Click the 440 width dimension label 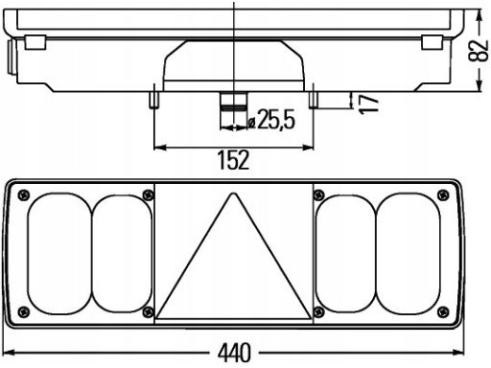click(234, 353)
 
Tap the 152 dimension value click(233, 160)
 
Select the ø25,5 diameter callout click(271, 120)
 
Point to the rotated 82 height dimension click(479, 51)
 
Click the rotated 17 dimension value click(368, 103)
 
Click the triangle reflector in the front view click(233, 257)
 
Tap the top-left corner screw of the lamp click(24, 195)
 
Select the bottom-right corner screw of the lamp click(443, 311)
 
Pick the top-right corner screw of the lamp click(443, 195)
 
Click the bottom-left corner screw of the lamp click(24, 311)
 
